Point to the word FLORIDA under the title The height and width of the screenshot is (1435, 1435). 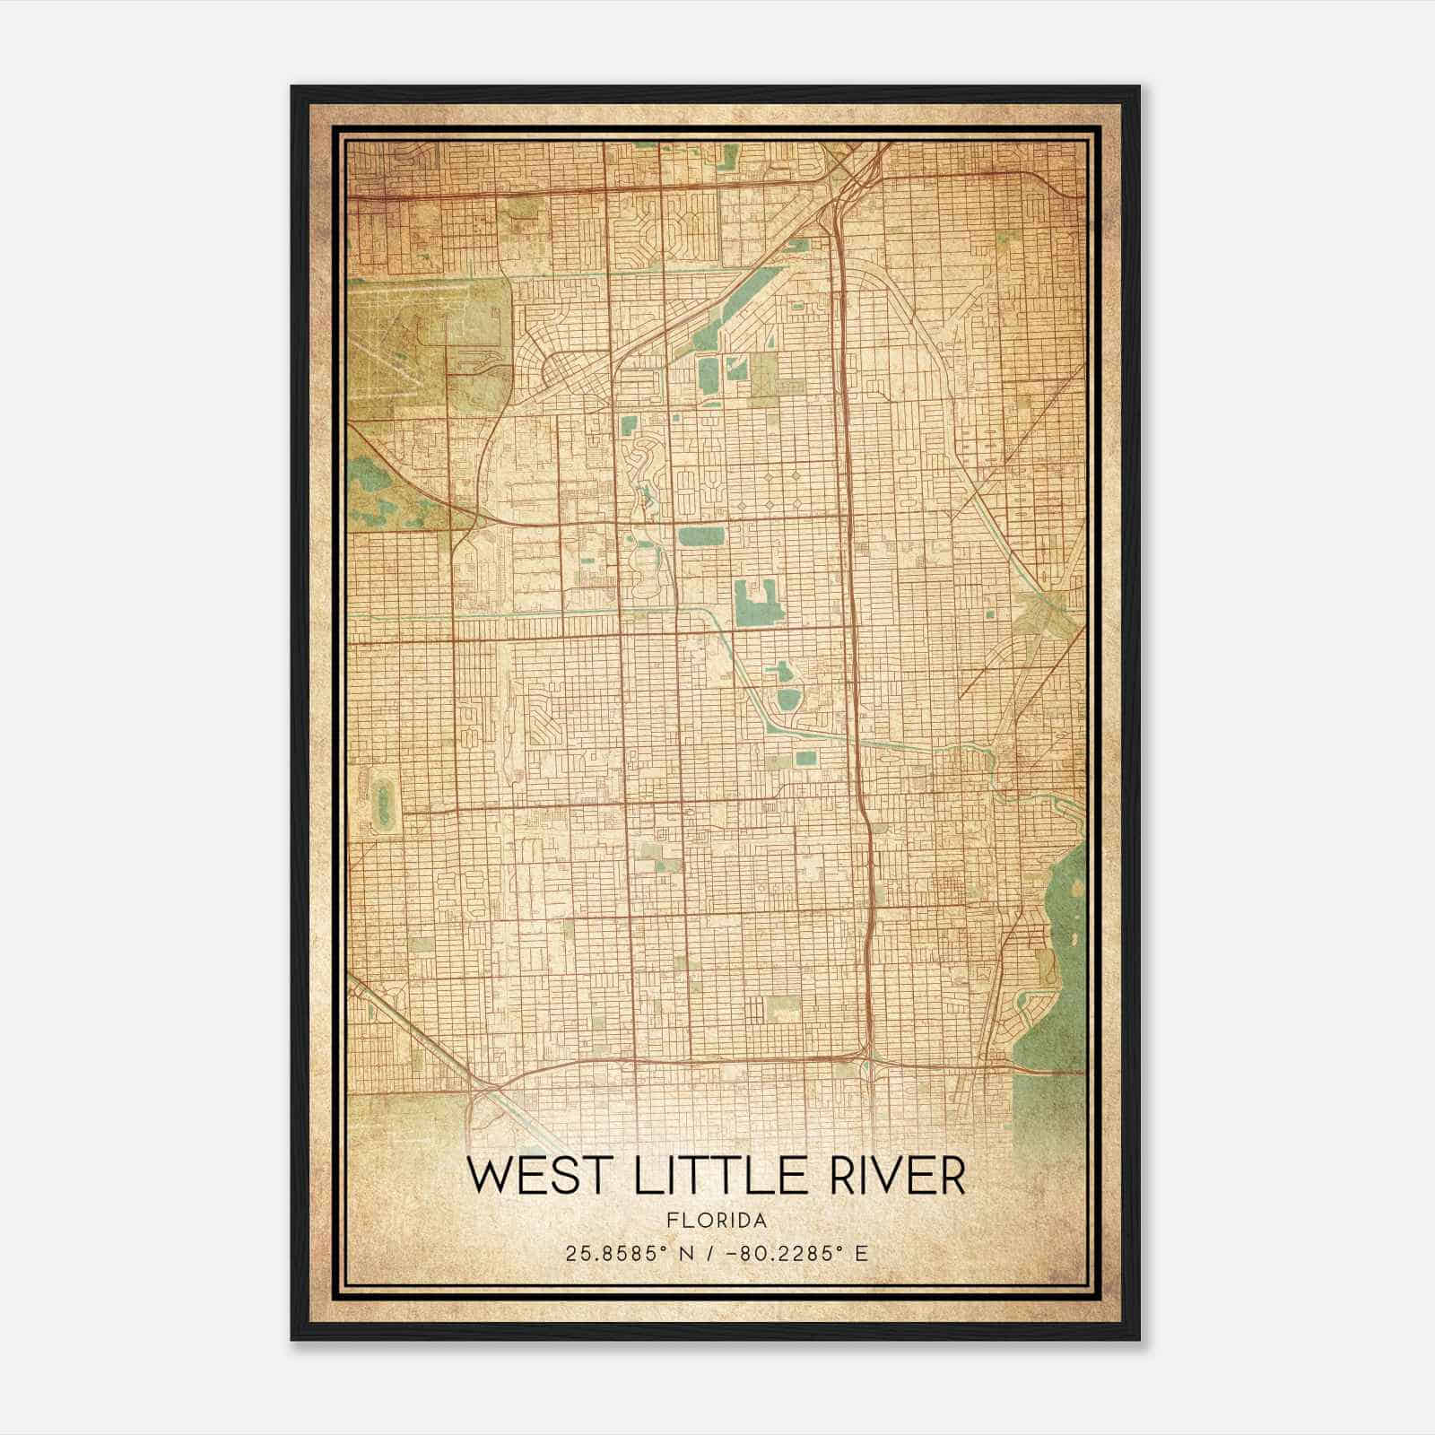(717, 1221)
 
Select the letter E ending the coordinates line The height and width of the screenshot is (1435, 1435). (862, 1254)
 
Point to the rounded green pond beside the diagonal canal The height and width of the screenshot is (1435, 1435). (788, 699)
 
